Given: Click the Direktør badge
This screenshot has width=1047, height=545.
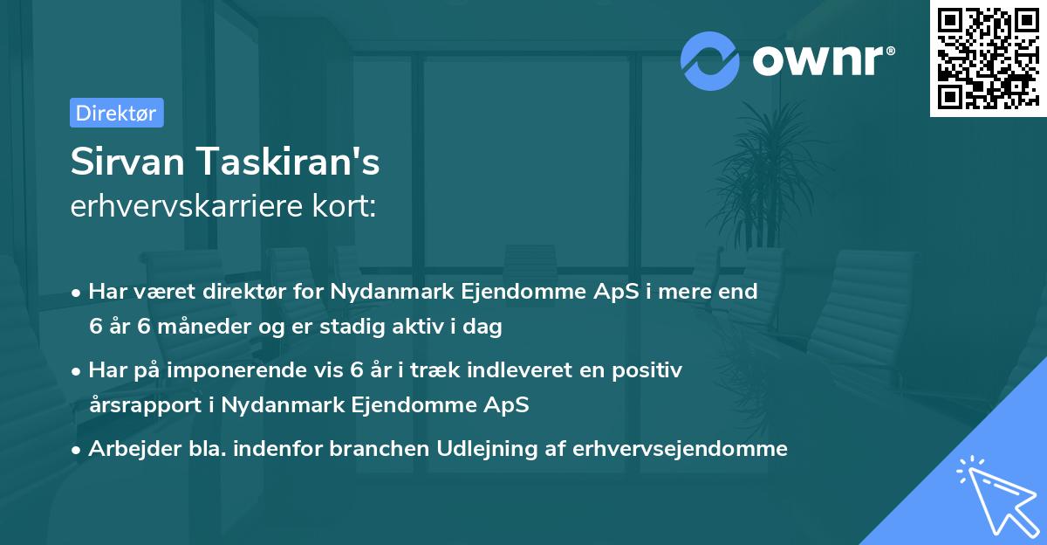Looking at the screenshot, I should tap(116, 113).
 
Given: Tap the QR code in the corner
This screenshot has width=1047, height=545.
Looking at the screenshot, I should tap(988, 58).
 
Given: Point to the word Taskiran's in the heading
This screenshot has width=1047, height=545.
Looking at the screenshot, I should tap(284, 162).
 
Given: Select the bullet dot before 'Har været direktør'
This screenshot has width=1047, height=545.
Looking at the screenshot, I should tap(78, 293).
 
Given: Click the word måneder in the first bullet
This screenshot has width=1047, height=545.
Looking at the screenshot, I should tap(215, 328).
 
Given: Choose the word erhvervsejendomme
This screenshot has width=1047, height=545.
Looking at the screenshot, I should tap(681, 449).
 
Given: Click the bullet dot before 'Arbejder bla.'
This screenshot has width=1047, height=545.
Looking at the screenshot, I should tap(78, 449).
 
